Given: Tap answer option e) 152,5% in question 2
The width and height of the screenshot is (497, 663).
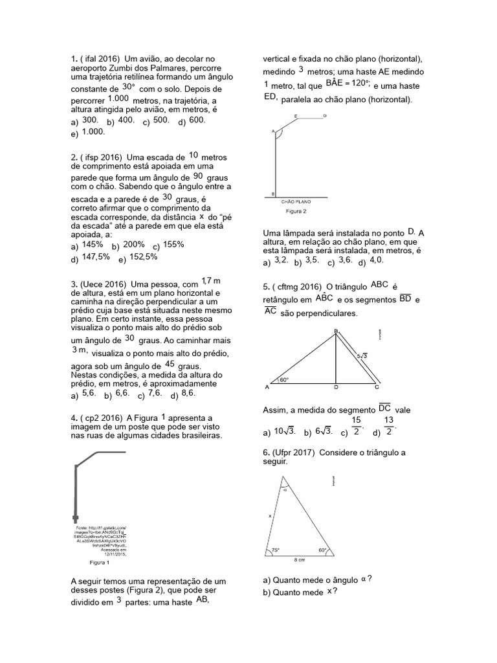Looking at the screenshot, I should tap(138, 257).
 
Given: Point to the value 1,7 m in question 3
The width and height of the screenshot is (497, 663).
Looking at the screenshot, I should tap(211, 280).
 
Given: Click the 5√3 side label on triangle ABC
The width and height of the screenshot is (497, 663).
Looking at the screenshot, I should tap(363, 355).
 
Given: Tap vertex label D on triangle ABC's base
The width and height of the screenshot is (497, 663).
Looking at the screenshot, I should tap(336, 388).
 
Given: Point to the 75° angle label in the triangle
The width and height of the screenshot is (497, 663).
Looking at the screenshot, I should tap(276, 550).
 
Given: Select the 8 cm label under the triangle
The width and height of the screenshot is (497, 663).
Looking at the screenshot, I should tap(299, 561).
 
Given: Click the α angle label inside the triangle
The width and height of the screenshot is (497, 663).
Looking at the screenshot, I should tap(283, 490).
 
